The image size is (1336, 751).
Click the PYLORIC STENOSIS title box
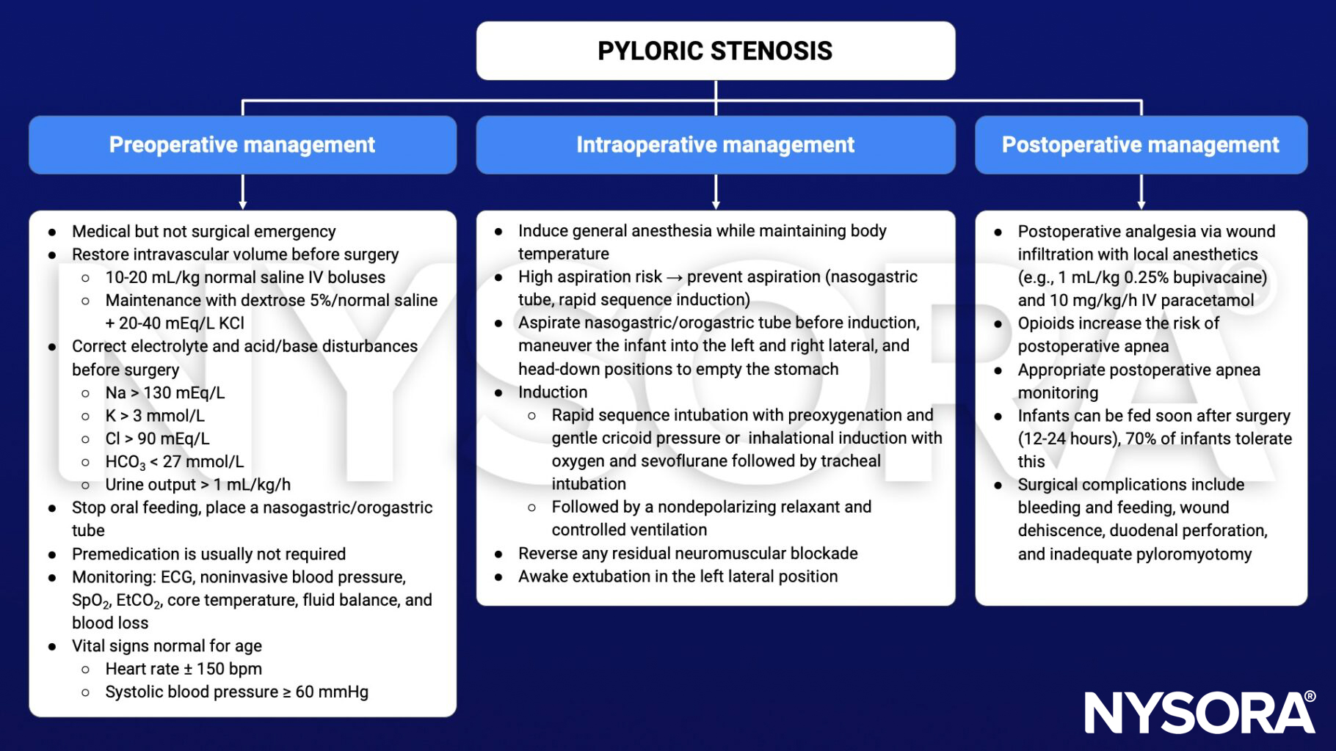point(715,51)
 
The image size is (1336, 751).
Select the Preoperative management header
point(242,144)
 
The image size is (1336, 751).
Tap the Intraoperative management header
point(715,144)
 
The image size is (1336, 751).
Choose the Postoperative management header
point(1140,144)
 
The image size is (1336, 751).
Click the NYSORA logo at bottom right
point(1199,712)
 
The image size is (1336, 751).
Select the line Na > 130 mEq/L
point(164,393)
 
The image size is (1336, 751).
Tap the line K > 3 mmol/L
point(155,416)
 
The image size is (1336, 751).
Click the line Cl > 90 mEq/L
point(157,439)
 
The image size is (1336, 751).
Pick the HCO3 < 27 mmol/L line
point(174,462)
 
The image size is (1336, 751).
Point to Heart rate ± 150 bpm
point(184,669)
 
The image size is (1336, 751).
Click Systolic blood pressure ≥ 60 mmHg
point(236,692)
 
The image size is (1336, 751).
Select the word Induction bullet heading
point(553,392)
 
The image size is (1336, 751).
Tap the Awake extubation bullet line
point(678,576)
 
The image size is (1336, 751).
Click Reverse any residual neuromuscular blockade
point(688,554)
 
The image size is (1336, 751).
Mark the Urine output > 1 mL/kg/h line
point(197,485)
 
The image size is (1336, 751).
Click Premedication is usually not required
point(208,554)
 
